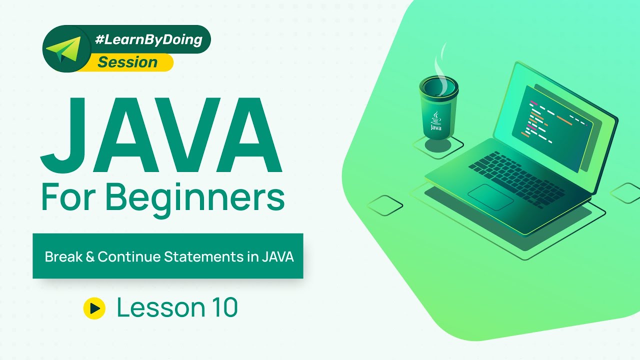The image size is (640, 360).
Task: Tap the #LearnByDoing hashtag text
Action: click(x=148, y=39)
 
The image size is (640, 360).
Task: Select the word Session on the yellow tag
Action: click(x=127, y=62)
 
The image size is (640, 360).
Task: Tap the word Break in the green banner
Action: click(x=63, y=256)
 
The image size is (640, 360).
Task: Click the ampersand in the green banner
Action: click(x=90, y=256)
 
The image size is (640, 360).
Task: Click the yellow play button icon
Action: click(x=94, y=308)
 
